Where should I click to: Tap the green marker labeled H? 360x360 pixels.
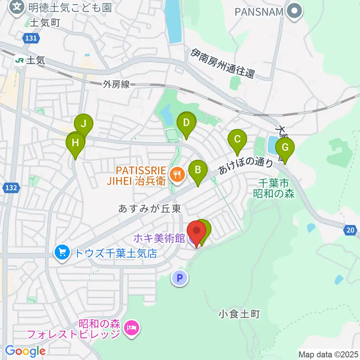pos(75,143)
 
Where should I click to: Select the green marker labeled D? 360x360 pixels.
pos(186,122)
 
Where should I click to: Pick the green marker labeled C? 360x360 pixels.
pos(237,139)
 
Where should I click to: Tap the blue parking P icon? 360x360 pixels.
pos(179,278)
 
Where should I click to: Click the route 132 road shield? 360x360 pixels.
pos(12,187)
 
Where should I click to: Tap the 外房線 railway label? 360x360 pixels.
pos(116,85)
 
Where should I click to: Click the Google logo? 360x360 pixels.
pos(25,351)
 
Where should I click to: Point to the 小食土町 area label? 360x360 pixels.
pos(238,313)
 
